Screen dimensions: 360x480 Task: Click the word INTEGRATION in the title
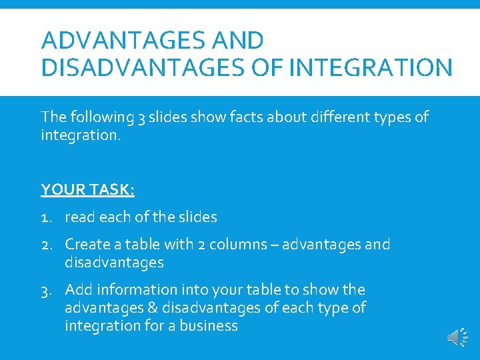point(373,67)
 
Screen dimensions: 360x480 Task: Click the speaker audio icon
point(457,338)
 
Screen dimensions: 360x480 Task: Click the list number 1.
point(46,217)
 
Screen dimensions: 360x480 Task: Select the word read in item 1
point(79,217)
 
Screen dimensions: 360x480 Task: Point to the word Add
point(77,290)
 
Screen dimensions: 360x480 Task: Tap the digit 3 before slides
point(141,117)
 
